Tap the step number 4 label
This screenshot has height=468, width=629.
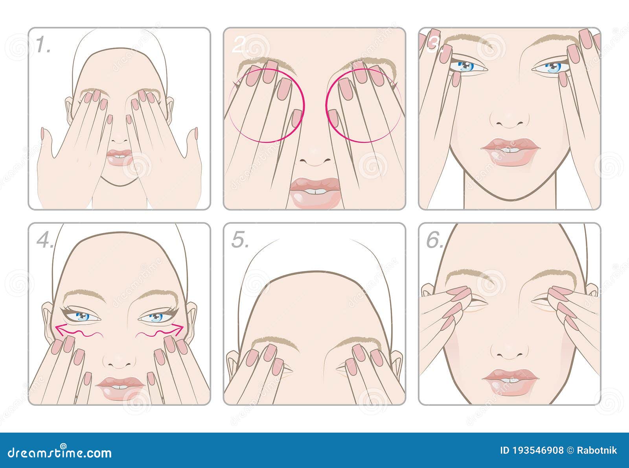pyautogui.click(x=45, y=240)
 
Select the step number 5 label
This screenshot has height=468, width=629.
pyautogui.click(x=240, y=240)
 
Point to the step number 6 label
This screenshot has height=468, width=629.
pyautogui.click(x=435, y=240)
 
